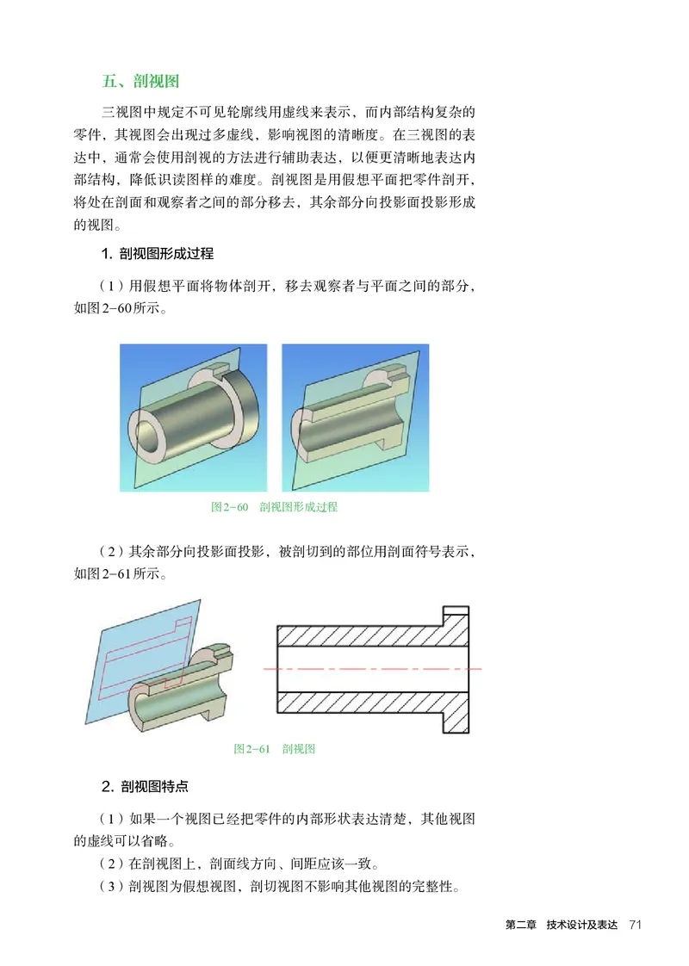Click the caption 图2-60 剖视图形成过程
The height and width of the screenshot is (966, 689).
(x=274, y=507)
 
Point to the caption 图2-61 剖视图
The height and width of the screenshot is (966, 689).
(x=274, y=749)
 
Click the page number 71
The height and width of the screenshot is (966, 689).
(x=636, y=925)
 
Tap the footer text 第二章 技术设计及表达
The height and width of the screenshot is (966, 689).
(x=561, y=925)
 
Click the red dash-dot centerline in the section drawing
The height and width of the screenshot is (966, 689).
(x=370, y=668)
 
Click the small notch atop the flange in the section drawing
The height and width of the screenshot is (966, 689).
(x=457, y=613)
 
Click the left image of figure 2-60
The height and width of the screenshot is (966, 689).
(x=193, y=417)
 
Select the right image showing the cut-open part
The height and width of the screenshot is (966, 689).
(x=355, y=417)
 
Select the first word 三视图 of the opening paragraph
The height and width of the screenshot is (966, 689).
(x=121, y=113)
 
